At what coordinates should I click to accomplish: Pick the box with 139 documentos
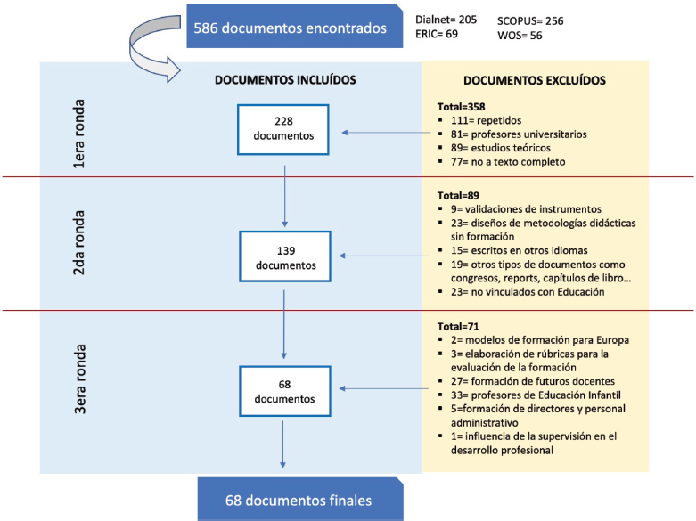(x=285, y=256)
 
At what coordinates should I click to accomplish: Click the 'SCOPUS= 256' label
(x=531, y=20)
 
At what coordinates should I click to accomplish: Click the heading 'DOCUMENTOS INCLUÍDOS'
(x=285, y=80)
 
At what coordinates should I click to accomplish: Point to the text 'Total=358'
(x=455, y=105)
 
